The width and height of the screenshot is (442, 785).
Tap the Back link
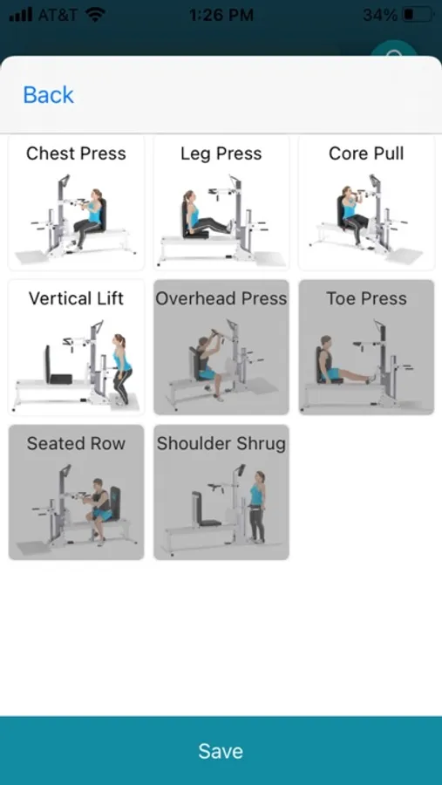[x=49, y=94]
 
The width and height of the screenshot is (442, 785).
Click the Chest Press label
[x=76, y=154]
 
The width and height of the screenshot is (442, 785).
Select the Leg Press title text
[x=221, y=154]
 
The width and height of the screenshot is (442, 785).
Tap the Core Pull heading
[x=366, y=154]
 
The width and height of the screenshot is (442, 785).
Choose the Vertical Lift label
[x=76, y=298]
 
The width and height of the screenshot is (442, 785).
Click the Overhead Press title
[x=221, y=298]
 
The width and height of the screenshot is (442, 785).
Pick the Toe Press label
[x=366, y=298]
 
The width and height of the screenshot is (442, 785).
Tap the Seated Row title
[x=76, y=443]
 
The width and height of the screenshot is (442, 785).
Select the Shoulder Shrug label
[x=221, y=444]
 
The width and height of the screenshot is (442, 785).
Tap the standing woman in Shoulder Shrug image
[x=257, y=507]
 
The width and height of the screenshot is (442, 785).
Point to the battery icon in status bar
[x=418, y=15]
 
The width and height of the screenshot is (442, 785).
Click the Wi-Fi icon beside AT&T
[x=95, y=15]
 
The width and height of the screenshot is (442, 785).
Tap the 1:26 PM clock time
[x=221, y=15]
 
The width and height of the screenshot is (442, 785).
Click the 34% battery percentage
[x=380, y=15]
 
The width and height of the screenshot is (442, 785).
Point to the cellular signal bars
[x=21, y=15]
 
